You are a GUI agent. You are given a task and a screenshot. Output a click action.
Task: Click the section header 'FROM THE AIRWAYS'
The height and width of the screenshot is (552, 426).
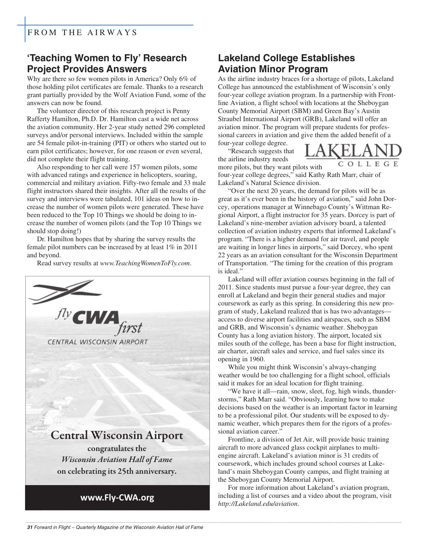point(82,32)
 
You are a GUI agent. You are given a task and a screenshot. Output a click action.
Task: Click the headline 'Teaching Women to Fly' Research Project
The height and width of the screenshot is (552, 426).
point(107,63)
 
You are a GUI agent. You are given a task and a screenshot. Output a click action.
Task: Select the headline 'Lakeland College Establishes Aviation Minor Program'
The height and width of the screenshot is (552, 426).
point(286,63)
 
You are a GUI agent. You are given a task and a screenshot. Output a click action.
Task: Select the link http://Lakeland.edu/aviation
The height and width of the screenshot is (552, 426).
point(258,504)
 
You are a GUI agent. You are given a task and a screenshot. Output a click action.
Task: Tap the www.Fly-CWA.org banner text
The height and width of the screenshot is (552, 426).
point(117,497)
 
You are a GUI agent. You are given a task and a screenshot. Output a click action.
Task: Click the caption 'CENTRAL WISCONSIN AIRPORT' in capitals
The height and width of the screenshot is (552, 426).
point(97,342)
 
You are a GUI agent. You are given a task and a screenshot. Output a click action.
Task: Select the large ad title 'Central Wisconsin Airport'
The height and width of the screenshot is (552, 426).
point(117,436)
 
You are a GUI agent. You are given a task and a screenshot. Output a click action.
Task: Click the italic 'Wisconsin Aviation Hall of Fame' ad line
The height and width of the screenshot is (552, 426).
point(117,459)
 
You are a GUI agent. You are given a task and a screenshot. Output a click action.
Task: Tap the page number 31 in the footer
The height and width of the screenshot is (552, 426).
point(29,528)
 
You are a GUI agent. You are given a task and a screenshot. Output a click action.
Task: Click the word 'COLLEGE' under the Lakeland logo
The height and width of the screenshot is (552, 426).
point(368,164)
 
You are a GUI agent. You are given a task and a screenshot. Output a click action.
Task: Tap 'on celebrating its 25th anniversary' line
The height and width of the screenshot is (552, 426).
point(117,472)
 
